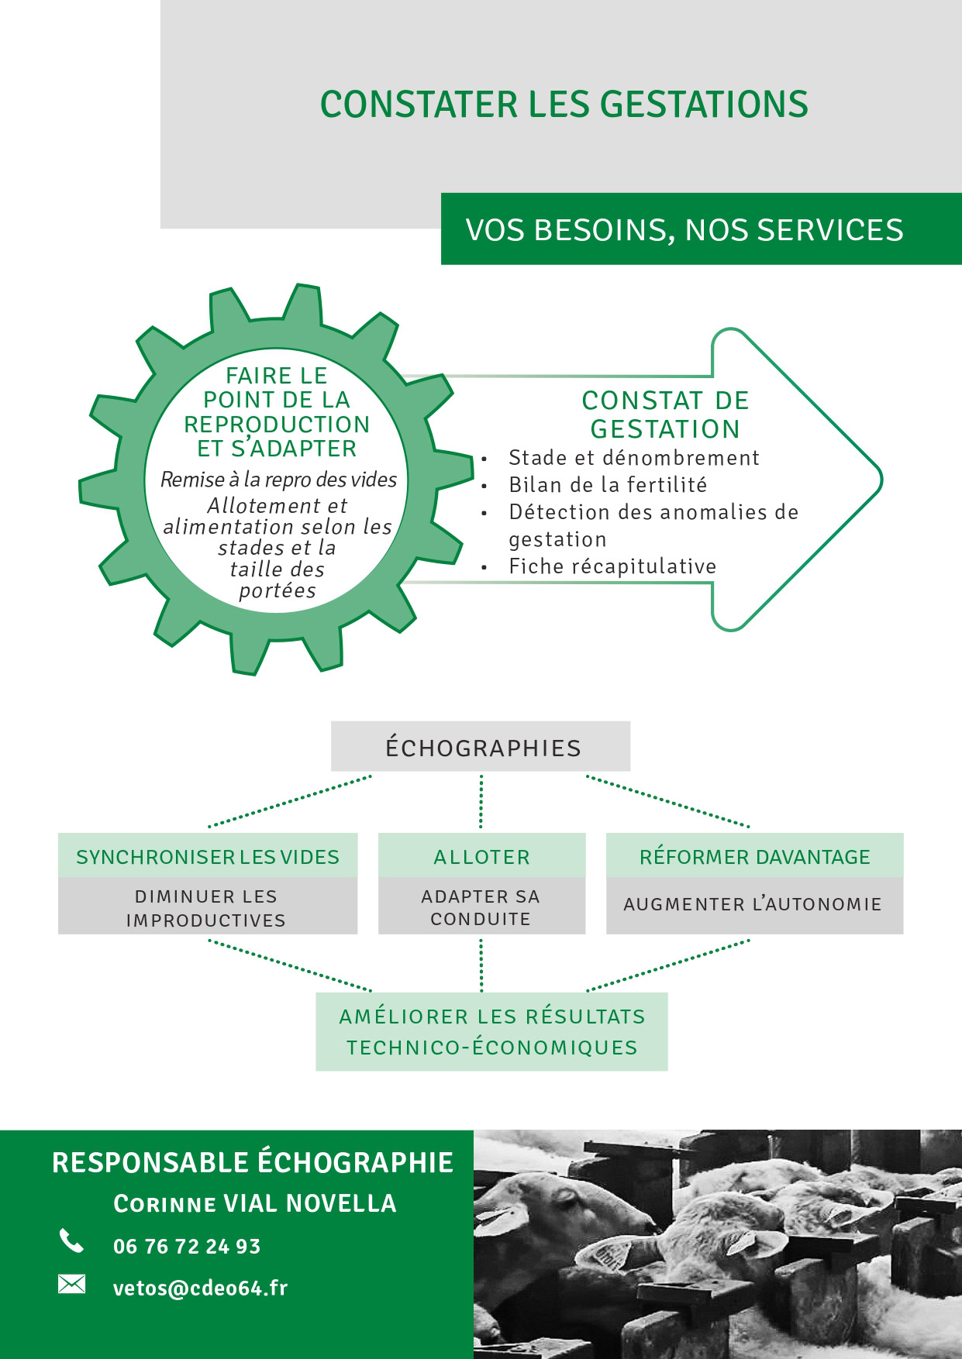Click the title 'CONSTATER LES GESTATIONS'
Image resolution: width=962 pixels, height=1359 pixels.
pos(564,105)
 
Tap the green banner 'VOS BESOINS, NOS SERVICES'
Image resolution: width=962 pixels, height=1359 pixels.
pos(701,229)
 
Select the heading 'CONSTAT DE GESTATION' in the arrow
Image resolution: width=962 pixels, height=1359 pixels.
pos(665,415)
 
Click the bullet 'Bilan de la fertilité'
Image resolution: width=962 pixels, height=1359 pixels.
pos(608,485)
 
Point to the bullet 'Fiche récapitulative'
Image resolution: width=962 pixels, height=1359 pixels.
pos(612,566)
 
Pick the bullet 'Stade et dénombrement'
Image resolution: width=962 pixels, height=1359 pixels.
pos(634,458)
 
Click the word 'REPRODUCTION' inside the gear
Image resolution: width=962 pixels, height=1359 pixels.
pos(277,425)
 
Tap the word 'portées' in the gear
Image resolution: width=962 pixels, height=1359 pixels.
pos(278,590)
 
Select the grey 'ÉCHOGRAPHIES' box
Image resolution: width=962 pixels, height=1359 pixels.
pos(481,747)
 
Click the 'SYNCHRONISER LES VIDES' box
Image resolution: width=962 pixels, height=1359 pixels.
pos(208,856)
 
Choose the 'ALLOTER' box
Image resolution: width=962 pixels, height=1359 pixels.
pos(481,856)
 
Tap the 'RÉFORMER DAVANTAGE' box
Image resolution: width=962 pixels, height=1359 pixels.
pos(754,856)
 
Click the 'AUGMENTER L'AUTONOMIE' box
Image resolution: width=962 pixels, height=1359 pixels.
pos(754,905)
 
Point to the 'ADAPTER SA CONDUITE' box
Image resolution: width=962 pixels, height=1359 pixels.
pos(481,906)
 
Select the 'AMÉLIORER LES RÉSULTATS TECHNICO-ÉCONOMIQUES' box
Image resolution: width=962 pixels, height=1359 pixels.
pos(491,1031)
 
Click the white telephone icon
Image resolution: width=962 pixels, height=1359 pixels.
pos(71,1242)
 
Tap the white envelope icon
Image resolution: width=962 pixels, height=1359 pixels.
pos(71,1285)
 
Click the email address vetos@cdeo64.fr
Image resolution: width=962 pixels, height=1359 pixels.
pos(200,1288)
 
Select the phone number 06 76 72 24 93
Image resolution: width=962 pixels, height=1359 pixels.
pos(187,1247)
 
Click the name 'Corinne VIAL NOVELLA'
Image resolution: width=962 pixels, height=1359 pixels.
pos(255,1203)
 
